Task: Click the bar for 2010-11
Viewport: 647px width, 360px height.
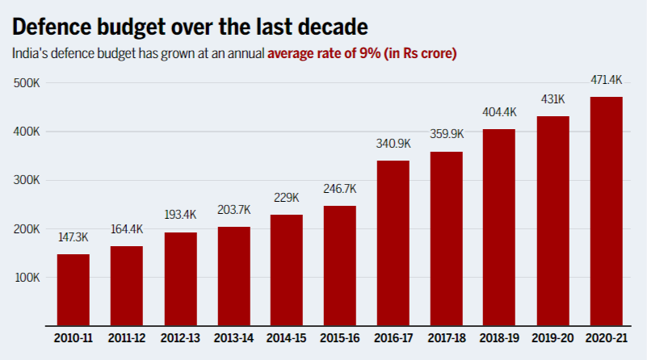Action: click(73, 290)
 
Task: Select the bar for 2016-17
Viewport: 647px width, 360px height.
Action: click(393, 243)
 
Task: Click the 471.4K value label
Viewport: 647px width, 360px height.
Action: click(606, 80)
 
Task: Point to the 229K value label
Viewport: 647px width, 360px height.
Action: click(286, 198)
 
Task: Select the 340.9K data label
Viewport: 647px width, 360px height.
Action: click(393, 144)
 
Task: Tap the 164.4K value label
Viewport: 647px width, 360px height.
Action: click(126, 229)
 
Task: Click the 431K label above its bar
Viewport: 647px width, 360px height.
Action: click(552, 99)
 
